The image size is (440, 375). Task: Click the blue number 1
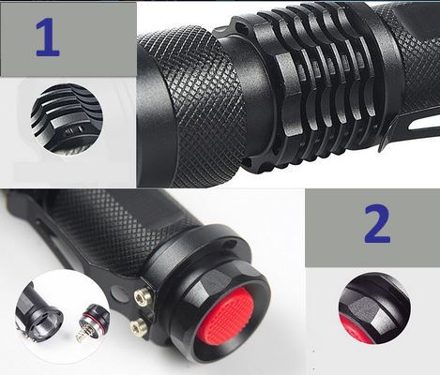tap(47, 37)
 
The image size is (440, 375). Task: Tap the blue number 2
tap(377, 223)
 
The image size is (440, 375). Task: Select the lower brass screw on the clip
tap(136, 326)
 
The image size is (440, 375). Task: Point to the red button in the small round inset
tap(352, 331)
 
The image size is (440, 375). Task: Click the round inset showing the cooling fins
tap(67, 118)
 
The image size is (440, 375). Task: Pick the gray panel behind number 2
tap(372, 228)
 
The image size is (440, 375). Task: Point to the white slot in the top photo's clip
tap(422, 125)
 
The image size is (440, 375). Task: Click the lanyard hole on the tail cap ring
tap(232, 243)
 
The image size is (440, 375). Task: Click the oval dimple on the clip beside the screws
tap(117, 293)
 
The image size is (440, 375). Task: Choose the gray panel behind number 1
tap(68, 38)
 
